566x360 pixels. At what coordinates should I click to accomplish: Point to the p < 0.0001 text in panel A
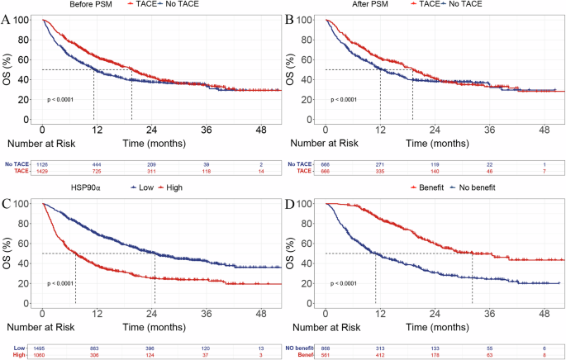62,100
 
